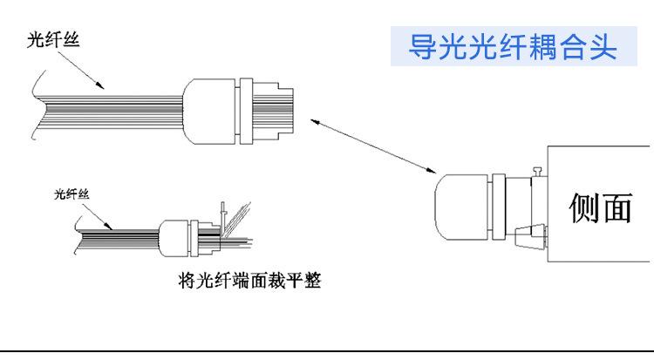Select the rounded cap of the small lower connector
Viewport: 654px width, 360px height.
coord(173,236)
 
